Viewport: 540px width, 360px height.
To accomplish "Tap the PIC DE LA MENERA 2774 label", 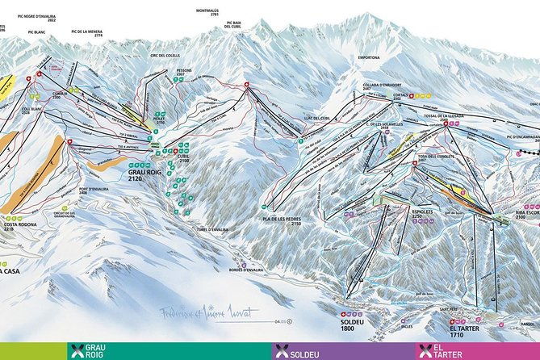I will [x=87, y=32].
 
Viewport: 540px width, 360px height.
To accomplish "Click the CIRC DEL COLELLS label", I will [x=163, y=56].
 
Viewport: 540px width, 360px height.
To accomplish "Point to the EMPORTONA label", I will [x=368, y=58].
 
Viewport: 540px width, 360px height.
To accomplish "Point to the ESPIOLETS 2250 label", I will [x=423, y=213].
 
